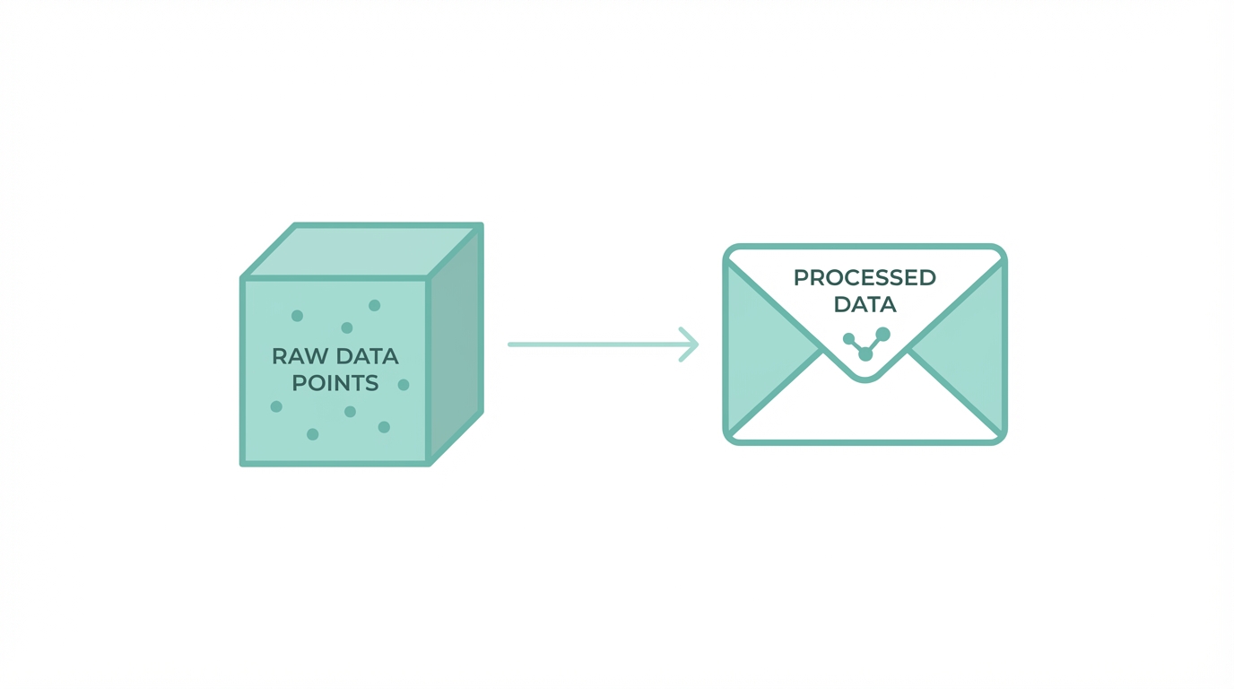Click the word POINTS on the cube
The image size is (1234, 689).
coord(335,383)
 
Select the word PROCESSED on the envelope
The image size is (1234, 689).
coord(865,277)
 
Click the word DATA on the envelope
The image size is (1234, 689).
coord(865,304)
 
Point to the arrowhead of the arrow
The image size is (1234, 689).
coord(691,344)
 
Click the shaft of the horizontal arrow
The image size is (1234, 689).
coord(592,344)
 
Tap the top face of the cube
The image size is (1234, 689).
coord(361,250)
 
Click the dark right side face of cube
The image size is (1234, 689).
coord(456,345)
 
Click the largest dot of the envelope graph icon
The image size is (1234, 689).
coord(882,334)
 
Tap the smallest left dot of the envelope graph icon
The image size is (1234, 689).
coord(848,338)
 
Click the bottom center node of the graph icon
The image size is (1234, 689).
coord(865,354)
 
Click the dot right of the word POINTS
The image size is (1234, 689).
coord(404,385)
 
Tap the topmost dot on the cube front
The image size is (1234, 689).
coord(375,305)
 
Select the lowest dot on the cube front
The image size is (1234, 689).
coord(313,434)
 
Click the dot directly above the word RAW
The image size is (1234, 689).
coord(297,316)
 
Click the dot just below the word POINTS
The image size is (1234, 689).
coord(350,412)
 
